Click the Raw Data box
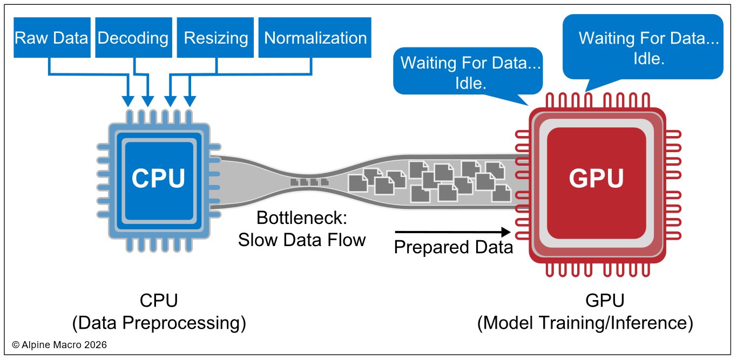[x=51, y=38]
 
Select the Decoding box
[x=133, y=38]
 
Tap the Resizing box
[x=215, y=38]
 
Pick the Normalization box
[x=315, y=38]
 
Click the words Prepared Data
[x=453, y=247]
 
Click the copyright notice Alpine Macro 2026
[x=59, y=344]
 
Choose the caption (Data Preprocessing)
[x=159, y=323]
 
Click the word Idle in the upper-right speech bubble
[x=648, y=58]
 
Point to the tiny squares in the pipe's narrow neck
[x=307, y=182]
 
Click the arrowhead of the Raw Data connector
[x=128, y=101]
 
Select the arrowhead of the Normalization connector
[x=190, y=101]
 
